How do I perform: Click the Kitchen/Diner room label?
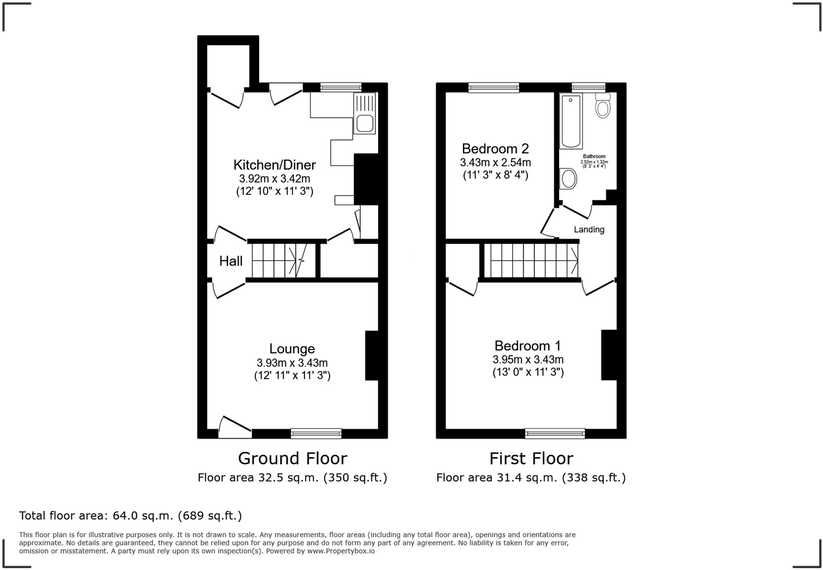click(274, 164)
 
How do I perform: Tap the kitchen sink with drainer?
click(364, 114)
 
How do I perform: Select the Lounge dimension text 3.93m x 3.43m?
click(292, 363)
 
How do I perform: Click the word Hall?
click(231, 261)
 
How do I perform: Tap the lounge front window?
click(316, 433)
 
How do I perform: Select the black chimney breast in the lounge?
click(371, 355)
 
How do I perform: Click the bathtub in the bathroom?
click(571, 121)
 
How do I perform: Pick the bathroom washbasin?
click(568, 179)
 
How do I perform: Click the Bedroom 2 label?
click(495, 148)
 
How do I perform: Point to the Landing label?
click(589, 230)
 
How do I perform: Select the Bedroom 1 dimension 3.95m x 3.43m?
click(528, 360)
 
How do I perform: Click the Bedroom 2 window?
click(493, 88)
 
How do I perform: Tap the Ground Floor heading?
click(292, 458)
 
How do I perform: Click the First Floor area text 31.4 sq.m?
click(531, 478)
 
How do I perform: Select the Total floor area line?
click(130, 516)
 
